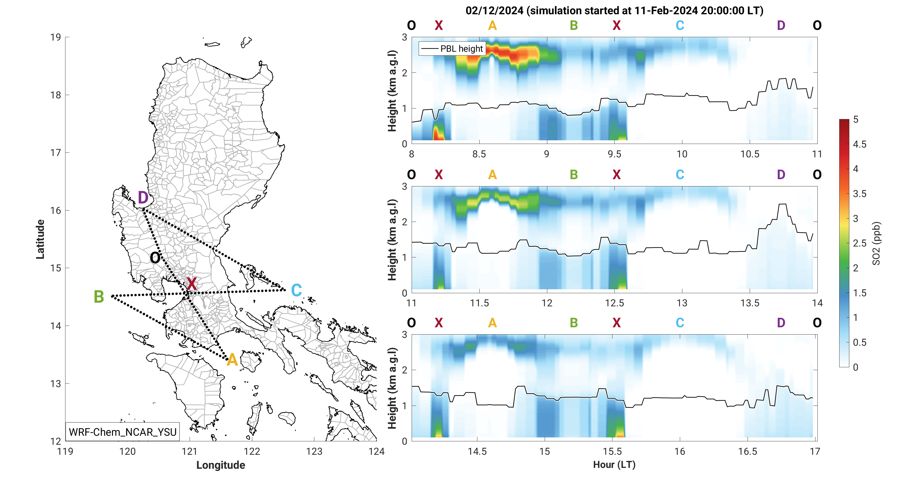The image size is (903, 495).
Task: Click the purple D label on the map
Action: click(143, 198)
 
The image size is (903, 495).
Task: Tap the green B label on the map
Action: click(99, 297)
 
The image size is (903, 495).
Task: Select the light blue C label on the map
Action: click(296, 290)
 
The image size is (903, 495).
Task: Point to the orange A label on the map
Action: click(232, 360)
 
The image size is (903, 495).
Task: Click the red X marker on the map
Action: click(191, 284)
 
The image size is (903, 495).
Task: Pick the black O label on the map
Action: click(155, 258)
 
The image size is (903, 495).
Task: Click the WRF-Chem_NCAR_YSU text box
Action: click(123, 432)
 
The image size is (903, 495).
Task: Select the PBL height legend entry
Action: click(452, 49)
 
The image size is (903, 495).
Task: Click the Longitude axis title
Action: click(220, 465)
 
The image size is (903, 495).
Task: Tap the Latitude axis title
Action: click(40, 239)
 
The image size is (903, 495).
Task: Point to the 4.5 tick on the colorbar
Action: click(860, 144)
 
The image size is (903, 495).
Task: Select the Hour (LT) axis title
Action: click(614, 465)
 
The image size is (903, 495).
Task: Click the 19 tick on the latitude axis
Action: click(55, 37)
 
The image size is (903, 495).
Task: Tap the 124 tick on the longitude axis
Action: click(376, 452)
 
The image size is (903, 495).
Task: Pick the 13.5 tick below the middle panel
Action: click(749, 303)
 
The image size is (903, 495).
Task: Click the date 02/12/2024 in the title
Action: click(494, 11)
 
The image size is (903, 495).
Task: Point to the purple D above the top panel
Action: click(781, 25)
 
